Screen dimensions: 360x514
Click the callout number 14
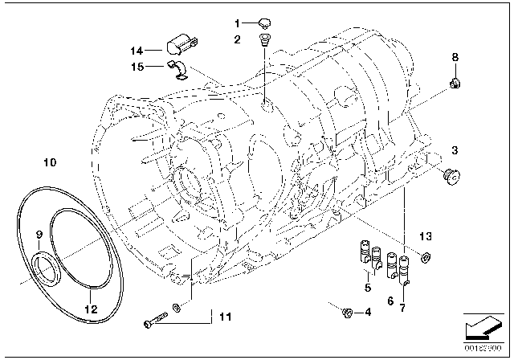[x=136, y=50]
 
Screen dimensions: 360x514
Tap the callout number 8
[x=455, y=57]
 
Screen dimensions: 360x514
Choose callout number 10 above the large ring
[x=50, y=162]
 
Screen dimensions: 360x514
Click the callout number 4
[x=369, y=312]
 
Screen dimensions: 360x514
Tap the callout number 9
[x=37, y=235]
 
